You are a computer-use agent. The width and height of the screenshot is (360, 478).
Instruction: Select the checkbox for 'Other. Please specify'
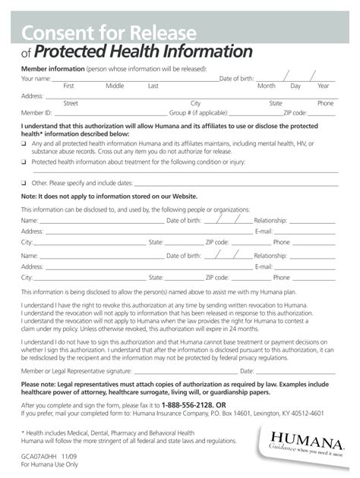point(24,183)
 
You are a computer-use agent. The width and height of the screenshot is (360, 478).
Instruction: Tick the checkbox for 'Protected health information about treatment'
point(24,162)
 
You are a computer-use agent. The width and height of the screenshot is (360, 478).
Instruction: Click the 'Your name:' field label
point(36,78)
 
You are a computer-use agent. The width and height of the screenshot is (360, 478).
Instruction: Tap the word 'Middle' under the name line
point(115,86)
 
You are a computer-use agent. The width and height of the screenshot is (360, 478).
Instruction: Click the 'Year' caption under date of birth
point(324,86)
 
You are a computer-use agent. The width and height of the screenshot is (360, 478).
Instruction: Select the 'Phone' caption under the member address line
point(325,102)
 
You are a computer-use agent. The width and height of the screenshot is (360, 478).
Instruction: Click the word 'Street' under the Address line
point(71,102)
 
